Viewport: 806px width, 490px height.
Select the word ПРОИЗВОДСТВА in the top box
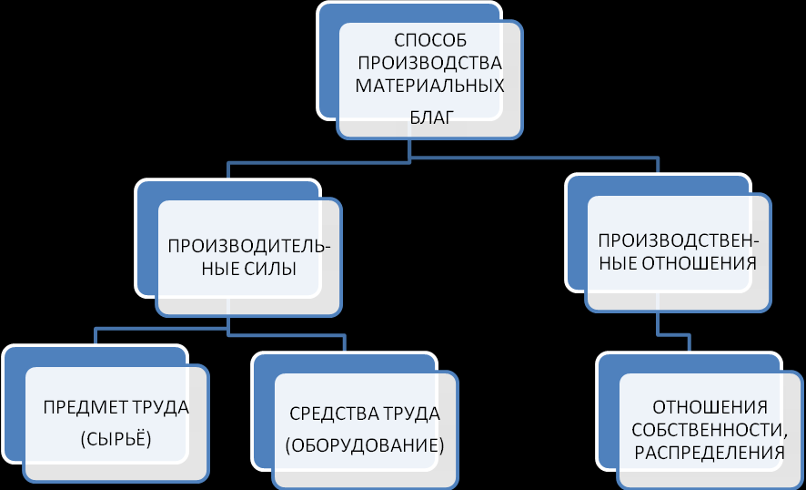(429, 64)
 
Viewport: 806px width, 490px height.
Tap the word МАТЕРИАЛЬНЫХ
(429, 87)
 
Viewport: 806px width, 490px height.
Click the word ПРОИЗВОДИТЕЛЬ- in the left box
(249, 246)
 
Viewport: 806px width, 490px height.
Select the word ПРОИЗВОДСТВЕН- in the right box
(679, 241)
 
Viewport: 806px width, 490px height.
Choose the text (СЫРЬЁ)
(116, 439)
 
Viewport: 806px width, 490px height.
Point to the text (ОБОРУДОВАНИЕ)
(364, 446)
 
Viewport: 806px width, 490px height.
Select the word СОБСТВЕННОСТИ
(708, 430)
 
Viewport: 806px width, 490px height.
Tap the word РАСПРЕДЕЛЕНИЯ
(708, 453)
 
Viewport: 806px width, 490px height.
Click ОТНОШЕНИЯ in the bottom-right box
(710, 406)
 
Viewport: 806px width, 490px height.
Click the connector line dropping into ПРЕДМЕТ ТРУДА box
(95, 336)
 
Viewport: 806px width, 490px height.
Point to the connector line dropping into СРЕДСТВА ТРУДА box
(344, 344)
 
